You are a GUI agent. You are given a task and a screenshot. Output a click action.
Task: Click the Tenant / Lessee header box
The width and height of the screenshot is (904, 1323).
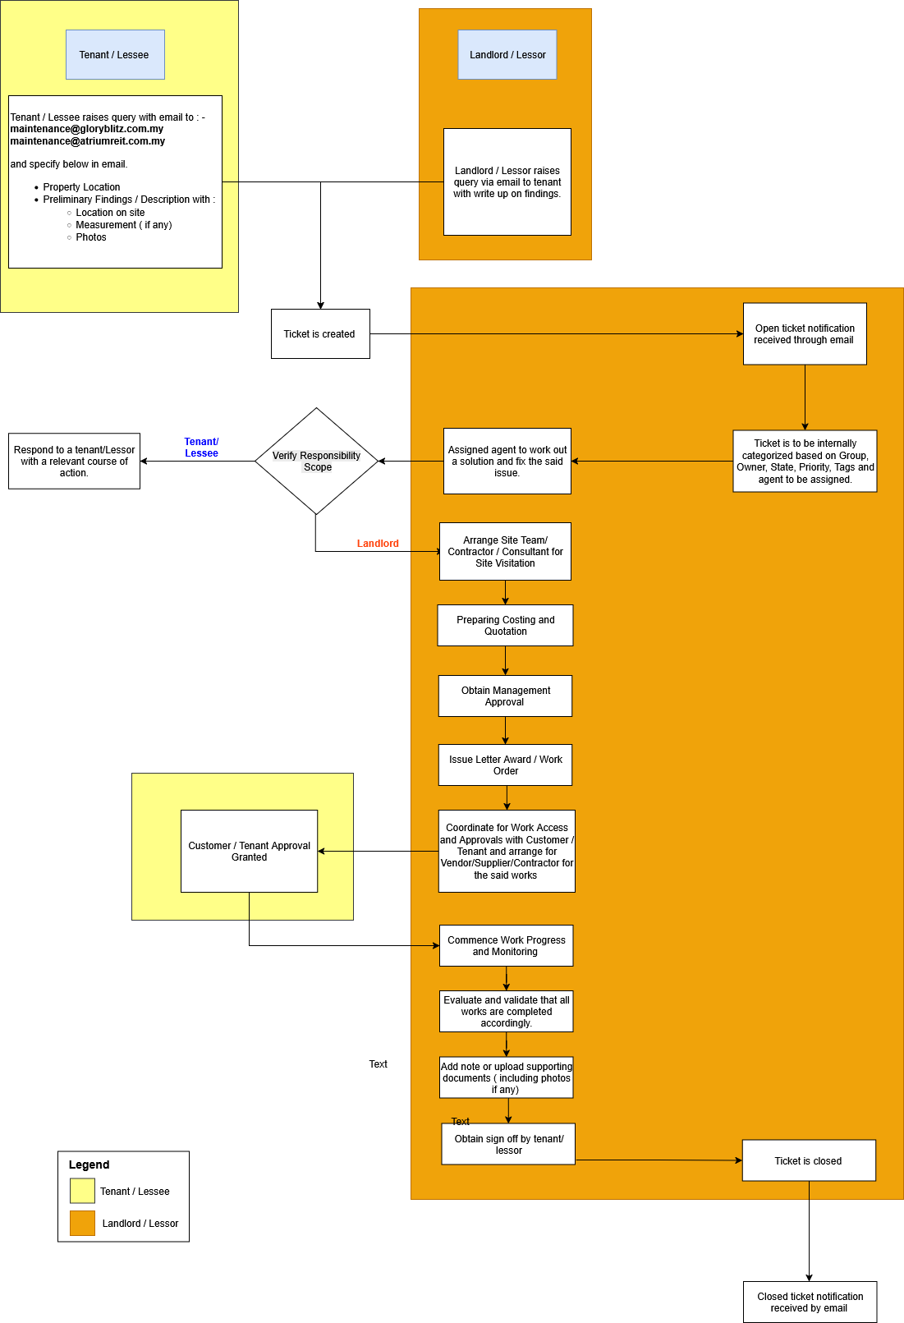(115, 55)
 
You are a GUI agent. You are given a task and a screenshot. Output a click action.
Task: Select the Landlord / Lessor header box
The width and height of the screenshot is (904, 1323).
(507, 55)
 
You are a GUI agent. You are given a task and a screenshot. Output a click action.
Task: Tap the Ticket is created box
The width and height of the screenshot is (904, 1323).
(320, 334)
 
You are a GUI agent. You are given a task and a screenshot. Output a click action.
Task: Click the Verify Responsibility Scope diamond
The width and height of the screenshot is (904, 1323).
(316, 462)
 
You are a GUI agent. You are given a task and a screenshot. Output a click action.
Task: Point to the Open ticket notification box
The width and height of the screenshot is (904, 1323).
(805, 334)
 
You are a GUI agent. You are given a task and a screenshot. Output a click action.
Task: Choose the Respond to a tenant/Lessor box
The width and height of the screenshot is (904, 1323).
(74, 462)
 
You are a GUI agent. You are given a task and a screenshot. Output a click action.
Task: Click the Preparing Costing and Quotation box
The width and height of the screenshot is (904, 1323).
(505, 626)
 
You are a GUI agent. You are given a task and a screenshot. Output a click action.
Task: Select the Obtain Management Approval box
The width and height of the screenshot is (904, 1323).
(505, 696)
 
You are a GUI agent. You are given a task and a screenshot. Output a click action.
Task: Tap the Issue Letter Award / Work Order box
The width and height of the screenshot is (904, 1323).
(505, 765)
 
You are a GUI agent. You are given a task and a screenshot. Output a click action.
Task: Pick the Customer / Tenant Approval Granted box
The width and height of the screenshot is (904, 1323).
(249, 852)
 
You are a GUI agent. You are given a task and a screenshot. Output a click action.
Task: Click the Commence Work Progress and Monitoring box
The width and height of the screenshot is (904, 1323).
(506, 946)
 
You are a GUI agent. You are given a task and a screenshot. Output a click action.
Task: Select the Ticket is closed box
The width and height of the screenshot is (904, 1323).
(809, 1160)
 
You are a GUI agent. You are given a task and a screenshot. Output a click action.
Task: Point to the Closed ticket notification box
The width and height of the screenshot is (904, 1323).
(810, 1302)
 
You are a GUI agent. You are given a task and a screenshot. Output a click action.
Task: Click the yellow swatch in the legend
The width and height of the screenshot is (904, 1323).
(82, 1191)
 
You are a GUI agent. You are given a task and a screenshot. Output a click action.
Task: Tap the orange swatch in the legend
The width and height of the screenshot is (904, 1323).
(82, 1223)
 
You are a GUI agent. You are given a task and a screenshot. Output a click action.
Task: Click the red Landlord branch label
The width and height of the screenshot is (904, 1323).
(378, 544)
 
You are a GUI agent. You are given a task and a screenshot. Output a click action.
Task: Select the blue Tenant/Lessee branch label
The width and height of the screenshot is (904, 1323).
(201, 448)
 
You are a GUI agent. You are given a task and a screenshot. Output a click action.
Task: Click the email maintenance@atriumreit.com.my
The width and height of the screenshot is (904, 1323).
(88, 141)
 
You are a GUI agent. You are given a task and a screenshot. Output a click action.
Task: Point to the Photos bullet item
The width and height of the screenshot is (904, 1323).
(90, 237)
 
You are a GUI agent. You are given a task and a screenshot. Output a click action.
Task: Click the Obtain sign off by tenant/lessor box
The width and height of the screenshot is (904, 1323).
(508, 1144)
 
